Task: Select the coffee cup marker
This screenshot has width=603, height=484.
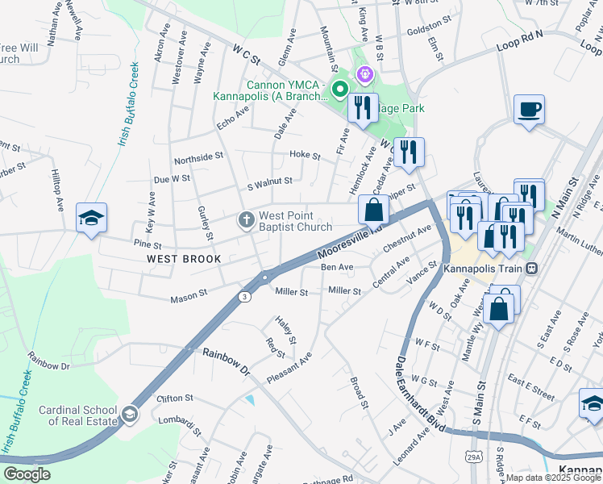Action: tap(529, 109)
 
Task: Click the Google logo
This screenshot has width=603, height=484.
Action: tap(27, 474)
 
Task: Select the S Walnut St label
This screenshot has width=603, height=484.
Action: tap(269, 182)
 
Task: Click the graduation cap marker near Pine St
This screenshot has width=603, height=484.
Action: tap(92, 218)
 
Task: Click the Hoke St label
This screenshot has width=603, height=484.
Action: tap(305, 154)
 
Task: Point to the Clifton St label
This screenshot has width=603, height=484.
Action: tap(175, 398)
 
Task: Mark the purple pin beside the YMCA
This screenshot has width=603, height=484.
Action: tap(365, 75)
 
